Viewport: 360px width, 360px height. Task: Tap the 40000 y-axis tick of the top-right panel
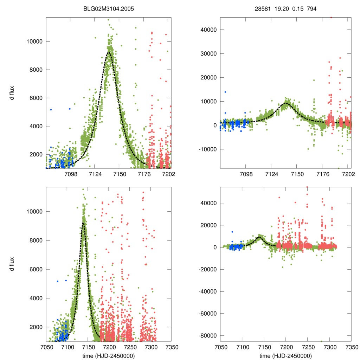[209, 30]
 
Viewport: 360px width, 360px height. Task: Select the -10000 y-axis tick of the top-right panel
[208, 149]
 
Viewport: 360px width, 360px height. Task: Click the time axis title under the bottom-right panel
[285, 356]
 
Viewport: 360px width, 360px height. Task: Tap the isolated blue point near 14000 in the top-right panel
[225, 92]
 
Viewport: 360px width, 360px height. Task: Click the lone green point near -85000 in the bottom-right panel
[321, 341]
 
